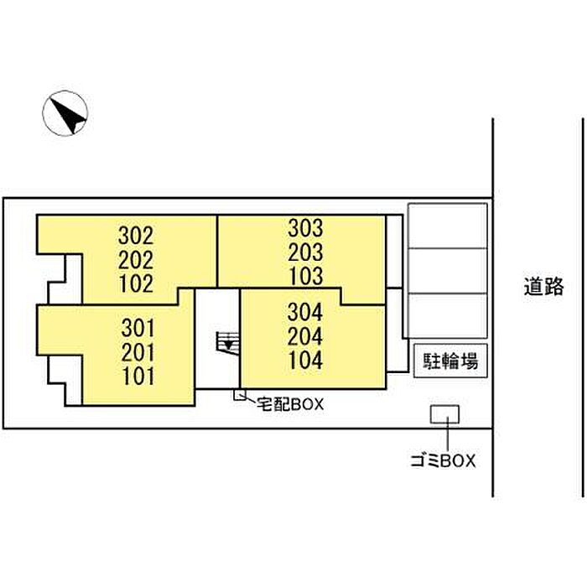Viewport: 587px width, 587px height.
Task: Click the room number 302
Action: pos(136,236)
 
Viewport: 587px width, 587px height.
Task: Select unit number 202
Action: pos(136,260)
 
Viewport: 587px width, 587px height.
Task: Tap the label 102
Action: pos(137,283)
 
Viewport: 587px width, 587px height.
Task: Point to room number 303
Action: pos(305,228)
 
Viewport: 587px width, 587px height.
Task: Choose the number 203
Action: pos(305,252)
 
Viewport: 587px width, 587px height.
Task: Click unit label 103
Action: pos(306,276)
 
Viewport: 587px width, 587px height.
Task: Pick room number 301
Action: pos(138,329)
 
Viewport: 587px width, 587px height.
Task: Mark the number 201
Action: pos(138,353)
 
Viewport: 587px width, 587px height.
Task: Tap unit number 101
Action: pos(138,377)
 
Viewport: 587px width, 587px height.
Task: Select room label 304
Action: pos(305,312)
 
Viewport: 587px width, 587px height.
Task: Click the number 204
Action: pos(305,336)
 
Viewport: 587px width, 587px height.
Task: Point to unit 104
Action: pos(306,360)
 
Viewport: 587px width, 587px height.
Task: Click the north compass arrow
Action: pos(68,115)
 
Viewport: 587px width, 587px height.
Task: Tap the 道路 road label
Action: pos(543,287)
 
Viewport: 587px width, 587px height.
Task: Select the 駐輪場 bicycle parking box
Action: pos(450,361)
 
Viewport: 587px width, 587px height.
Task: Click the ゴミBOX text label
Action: pos(443,461)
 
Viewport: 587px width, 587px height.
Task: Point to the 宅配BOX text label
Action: pos(290,404)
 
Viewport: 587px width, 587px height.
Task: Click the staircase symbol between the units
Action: pos(227,342)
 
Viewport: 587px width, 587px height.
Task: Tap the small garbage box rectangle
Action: pos(444,414)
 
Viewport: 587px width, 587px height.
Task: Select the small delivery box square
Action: pos(240,395)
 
